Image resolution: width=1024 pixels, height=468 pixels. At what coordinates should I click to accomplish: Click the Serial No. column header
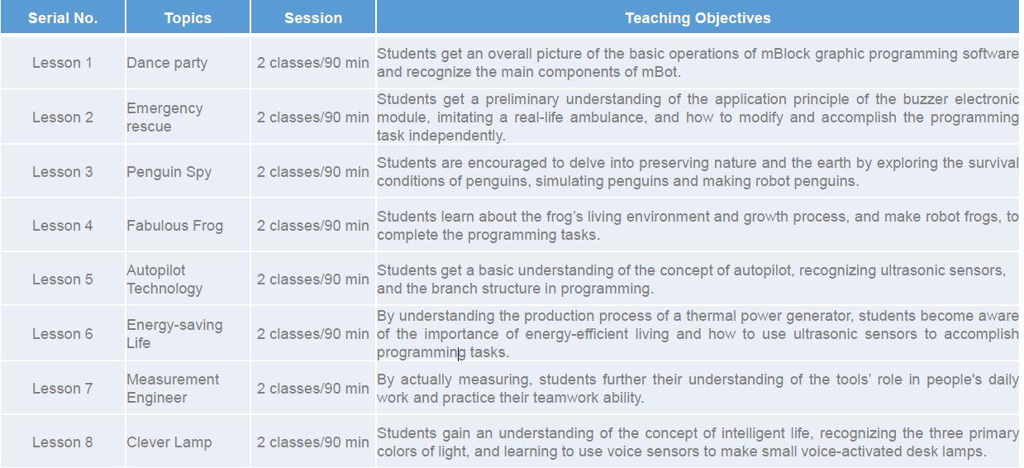(63, 18)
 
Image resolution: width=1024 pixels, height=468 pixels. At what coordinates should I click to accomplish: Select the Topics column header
(188, 18)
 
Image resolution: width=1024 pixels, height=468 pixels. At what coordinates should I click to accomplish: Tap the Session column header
(313, 18)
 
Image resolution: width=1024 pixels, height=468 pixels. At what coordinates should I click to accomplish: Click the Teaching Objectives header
(698, 18)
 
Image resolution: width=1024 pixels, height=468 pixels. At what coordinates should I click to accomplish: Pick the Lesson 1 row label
(62, 63)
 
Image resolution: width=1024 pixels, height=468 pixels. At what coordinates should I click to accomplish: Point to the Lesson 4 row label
(62, 226)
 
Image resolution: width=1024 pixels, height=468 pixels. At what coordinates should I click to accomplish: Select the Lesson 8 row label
(62, 442)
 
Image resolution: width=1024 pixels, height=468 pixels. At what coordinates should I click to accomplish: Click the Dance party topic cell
(167, 63)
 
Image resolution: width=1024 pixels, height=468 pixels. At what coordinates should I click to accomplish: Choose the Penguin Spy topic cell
(169, 172)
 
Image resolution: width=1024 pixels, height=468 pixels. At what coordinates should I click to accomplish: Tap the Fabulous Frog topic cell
(174, 226)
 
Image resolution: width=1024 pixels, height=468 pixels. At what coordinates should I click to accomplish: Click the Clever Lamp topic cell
(169, 442)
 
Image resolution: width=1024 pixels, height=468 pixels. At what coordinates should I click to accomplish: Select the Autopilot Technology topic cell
(164, 279)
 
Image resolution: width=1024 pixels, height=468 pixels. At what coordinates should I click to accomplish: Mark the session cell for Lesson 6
(312, 334)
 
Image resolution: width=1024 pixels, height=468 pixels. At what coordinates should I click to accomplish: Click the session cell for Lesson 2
(312, 117)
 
